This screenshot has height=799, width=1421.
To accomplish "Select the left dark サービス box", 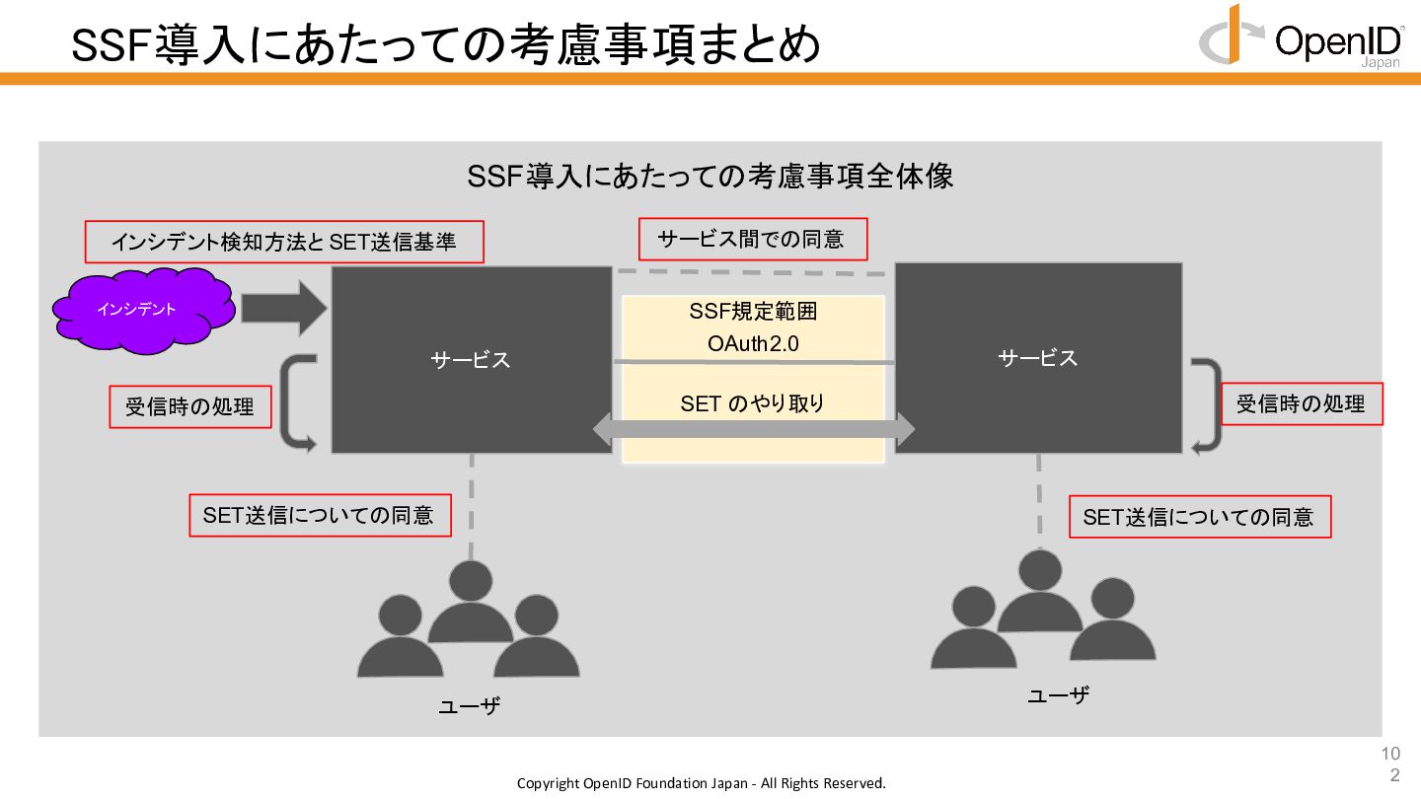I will coord(471,359).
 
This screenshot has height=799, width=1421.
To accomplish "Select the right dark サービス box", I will coord(1038,357).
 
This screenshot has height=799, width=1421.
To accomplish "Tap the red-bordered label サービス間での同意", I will coord(751,240).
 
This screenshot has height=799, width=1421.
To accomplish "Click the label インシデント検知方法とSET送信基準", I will coord(283,242).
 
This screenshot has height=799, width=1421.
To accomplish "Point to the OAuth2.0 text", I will coord(752,344).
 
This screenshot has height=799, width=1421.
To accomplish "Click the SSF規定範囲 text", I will coord(752,313).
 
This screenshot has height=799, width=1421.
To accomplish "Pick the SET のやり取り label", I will coord(752,403).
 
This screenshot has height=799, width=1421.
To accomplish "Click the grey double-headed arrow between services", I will coord(753,430).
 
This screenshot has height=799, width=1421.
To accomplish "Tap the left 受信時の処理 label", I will coord(189,406).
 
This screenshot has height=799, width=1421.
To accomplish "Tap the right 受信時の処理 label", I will coord(1301,403).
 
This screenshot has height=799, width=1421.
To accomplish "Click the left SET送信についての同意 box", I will coord(319,515).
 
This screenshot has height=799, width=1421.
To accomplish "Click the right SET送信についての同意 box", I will coord(1199,517).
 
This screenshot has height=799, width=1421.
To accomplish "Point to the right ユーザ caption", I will coord(1058,694).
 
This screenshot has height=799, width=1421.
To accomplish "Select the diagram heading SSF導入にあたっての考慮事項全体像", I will coord(710,177).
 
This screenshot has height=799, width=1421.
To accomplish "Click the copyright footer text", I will coord(702,783).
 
